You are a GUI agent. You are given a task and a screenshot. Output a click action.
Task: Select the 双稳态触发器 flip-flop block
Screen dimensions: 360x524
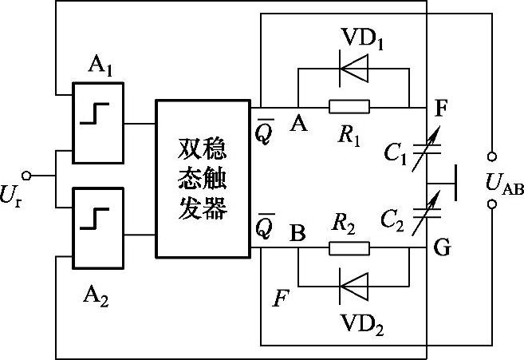203,178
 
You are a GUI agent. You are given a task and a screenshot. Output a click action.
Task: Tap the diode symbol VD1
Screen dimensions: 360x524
353,69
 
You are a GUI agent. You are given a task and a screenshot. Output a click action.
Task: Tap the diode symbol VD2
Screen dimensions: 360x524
353,283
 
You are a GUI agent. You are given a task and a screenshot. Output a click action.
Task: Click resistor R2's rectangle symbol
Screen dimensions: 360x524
349,247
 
